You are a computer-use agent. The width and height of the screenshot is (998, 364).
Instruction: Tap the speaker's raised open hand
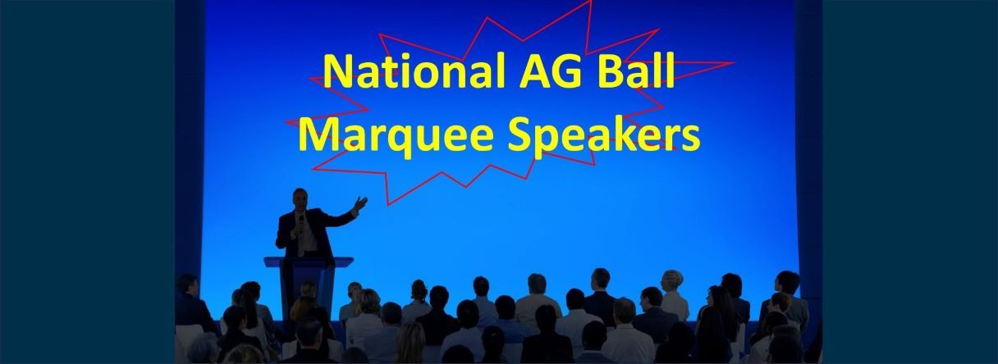pyautogui.click(x=360, y=204)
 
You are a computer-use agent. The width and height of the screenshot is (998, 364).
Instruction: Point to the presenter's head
pyautogui.click(x=300, y=199)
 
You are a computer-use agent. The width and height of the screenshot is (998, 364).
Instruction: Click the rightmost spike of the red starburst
pyautogui.click(x=733, y=63)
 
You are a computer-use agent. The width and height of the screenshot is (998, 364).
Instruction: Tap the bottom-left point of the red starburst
pyautogui.click(x=388, y=205)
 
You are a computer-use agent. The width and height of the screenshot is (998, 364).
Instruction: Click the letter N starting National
pyautogui.click(x=337, y=71)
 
